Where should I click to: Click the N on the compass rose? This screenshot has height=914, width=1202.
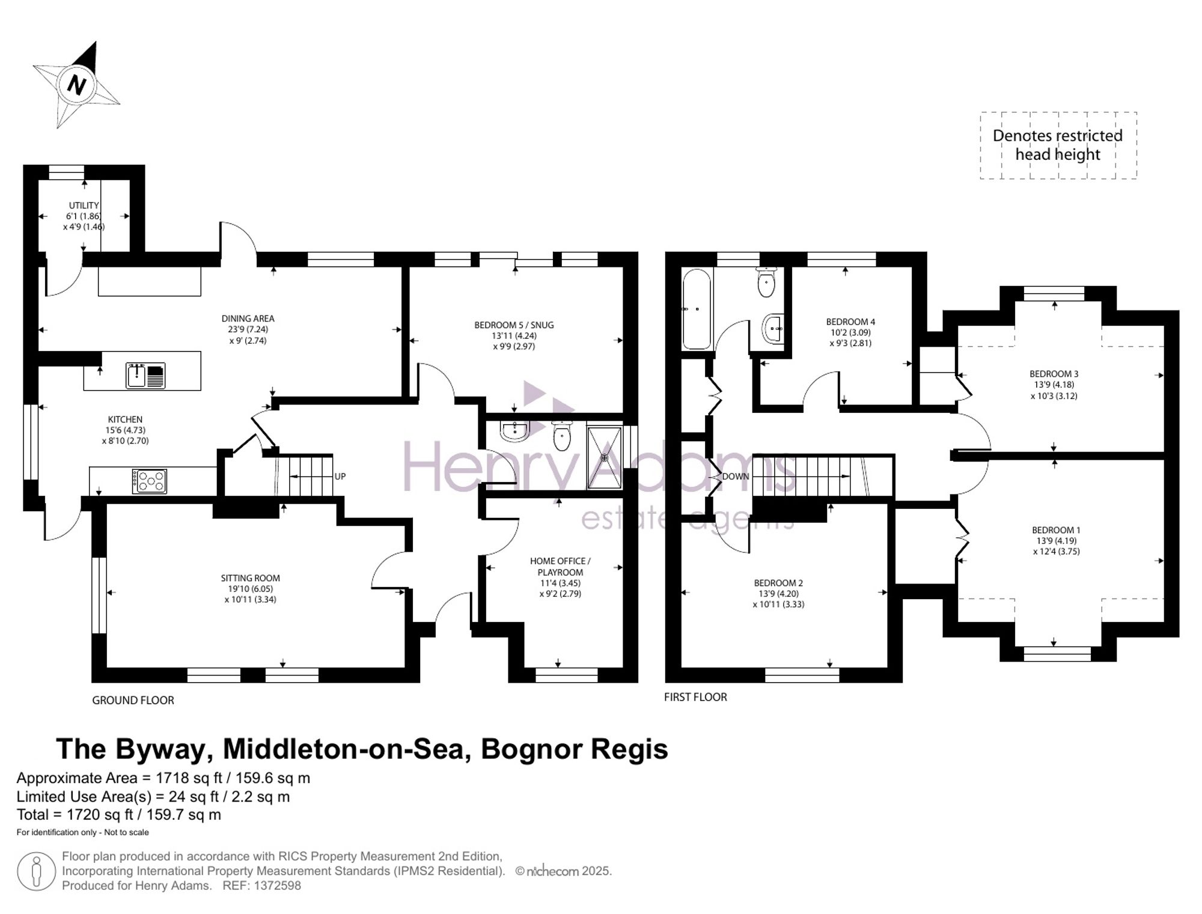coord(77,84)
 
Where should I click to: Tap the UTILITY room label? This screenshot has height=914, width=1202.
coord(84,206)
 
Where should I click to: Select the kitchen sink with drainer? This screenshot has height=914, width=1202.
coord(145,376)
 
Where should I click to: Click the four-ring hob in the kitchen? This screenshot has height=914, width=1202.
coord(150,481)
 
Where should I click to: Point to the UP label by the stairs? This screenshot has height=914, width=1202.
coord(340,477)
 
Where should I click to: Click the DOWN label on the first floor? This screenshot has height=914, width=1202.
coord(736,477)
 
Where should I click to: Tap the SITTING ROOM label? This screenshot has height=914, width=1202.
coord(250,578)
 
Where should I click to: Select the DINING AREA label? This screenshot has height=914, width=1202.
coord(248,318)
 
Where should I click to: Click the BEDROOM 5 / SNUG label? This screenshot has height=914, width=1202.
coord(514,325)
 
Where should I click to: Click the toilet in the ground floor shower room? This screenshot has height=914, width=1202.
coord(562,436)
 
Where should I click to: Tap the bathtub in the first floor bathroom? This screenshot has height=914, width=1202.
coord(697,309)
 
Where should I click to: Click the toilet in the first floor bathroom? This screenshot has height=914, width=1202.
coord(766,283)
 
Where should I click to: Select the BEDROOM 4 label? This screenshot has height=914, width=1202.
coord(850,321)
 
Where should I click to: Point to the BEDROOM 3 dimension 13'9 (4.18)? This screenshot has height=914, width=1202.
coord(1054,385)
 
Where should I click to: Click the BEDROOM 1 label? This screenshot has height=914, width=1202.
coord(1056,530)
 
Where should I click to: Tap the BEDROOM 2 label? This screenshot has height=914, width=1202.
coord(778,583)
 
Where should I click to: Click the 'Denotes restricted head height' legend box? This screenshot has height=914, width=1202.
coord(1058,145)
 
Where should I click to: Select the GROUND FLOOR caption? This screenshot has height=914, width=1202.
coord(133,700)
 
